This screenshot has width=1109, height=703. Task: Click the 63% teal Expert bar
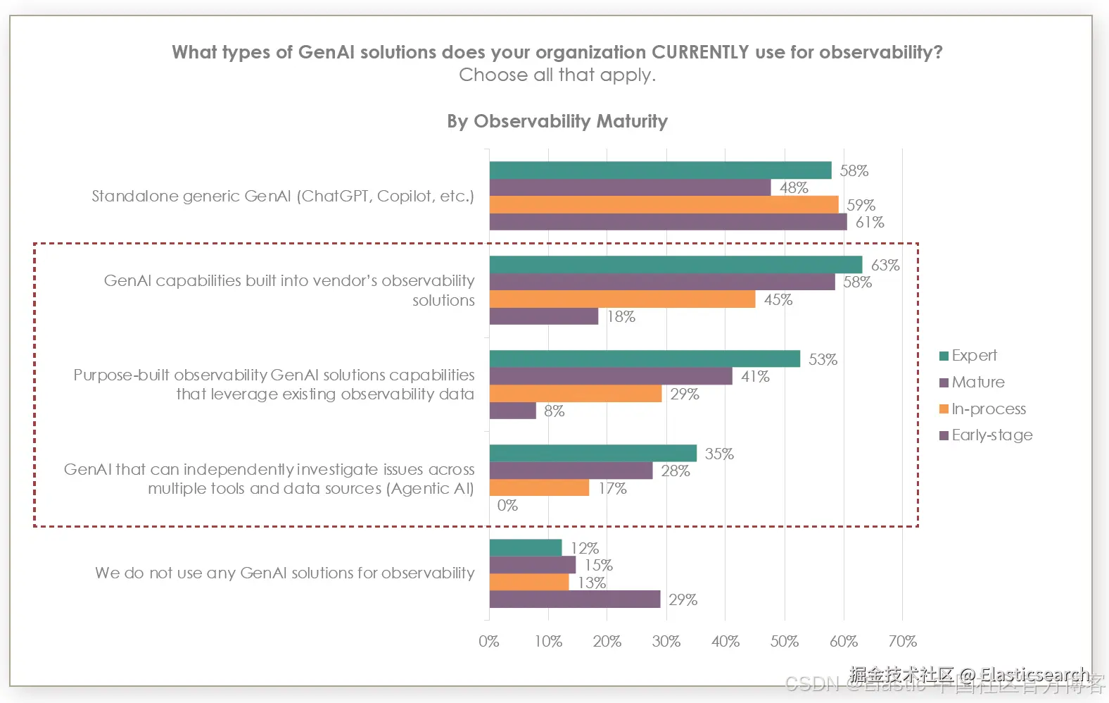pyautogui.click(x=676, y=265)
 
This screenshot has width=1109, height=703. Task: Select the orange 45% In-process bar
pyautogui.click(x=622, y=299)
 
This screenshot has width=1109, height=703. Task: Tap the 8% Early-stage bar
pyautogui.click(x=512, y=411)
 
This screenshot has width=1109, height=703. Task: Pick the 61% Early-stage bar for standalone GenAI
pyautogui.click(x=668, y=222)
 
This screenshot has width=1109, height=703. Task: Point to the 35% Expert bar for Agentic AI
pyautogui.click(x=592, y=454)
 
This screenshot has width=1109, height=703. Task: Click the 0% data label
pyautogui.click(x=507, y=506)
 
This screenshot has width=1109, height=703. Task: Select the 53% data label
pyautogui.click(x=823, y=360)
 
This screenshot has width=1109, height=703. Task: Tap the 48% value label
pyautogui.click(x=794, y=188)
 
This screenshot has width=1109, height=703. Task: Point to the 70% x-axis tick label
pyautogui.click(x=902, y=642)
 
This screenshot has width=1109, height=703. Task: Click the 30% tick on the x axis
pyautogui.click(x=666, y=642)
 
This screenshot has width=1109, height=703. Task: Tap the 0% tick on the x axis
pyautogui.click(x=488, y=642)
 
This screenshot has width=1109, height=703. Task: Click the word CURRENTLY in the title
pyautogui.click(x=700, y=53)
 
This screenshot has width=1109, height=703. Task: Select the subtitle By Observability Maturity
pyautogui.click(x=557, y=121)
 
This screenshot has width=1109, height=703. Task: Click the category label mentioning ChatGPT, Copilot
pyautogui.click(x=283, y=197)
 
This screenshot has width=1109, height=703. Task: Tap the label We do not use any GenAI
pyautogui.click(x=284, y=573)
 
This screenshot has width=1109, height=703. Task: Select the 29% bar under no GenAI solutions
pyautogui.click(x=574, y=599)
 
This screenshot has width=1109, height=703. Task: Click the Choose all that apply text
pyautogui.click(x=557, y=75)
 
